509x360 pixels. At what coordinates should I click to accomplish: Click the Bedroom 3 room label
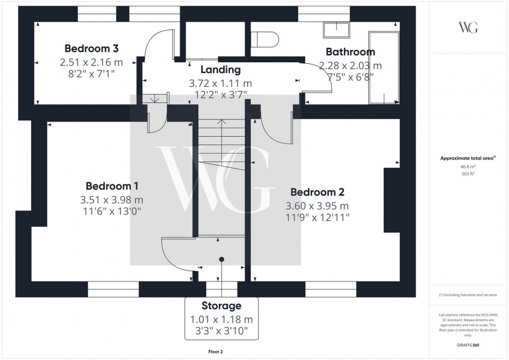coord(91,48)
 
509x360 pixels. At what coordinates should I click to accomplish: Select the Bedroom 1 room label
coord(112,186)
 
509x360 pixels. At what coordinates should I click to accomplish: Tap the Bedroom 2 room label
coord(317,192)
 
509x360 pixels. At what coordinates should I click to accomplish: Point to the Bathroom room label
coord(350,52)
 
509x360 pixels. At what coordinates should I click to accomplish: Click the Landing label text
coord(220,70)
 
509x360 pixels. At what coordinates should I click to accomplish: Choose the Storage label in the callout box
coord(222,306)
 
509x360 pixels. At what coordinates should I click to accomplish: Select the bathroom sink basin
coord(336,30)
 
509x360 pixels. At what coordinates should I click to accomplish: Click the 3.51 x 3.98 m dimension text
coord(112,199)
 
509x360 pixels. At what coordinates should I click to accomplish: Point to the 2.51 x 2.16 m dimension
coord(91,62)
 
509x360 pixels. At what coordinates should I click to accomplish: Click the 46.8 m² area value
coord(468,167)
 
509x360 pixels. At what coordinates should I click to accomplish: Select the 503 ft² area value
coord(468,174)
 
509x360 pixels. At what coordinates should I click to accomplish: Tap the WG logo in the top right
coord(468,28)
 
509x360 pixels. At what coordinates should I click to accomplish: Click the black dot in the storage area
coord(222,259)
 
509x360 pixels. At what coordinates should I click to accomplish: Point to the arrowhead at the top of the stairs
coord(222,122)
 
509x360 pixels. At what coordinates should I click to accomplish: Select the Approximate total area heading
coord(468,158)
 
